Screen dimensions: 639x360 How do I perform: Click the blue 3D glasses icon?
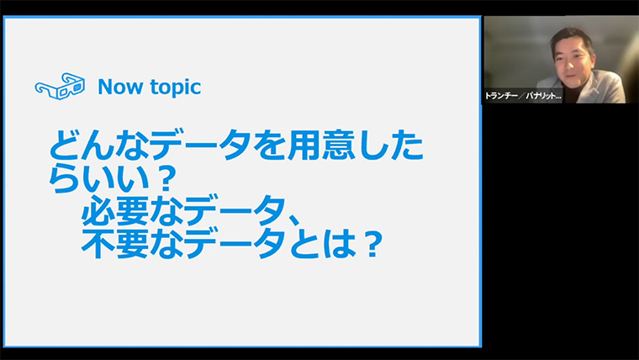(60, 87)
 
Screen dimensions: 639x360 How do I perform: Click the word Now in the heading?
(121, 87)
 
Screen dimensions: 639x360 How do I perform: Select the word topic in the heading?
(176, 87)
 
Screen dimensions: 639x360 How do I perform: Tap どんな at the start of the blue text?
(98, 146)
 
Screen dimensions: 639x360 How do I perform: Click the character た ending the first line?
(407, 146)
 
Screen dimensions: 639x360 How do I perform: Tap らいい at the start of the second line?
(98, 178)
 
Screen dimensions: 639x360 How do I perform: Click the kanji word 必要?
(115, 211)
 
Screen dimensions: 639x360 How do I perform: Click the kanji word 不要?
(115, 244)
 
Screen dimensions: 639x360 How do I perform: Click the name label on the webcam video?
(523, 96)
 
